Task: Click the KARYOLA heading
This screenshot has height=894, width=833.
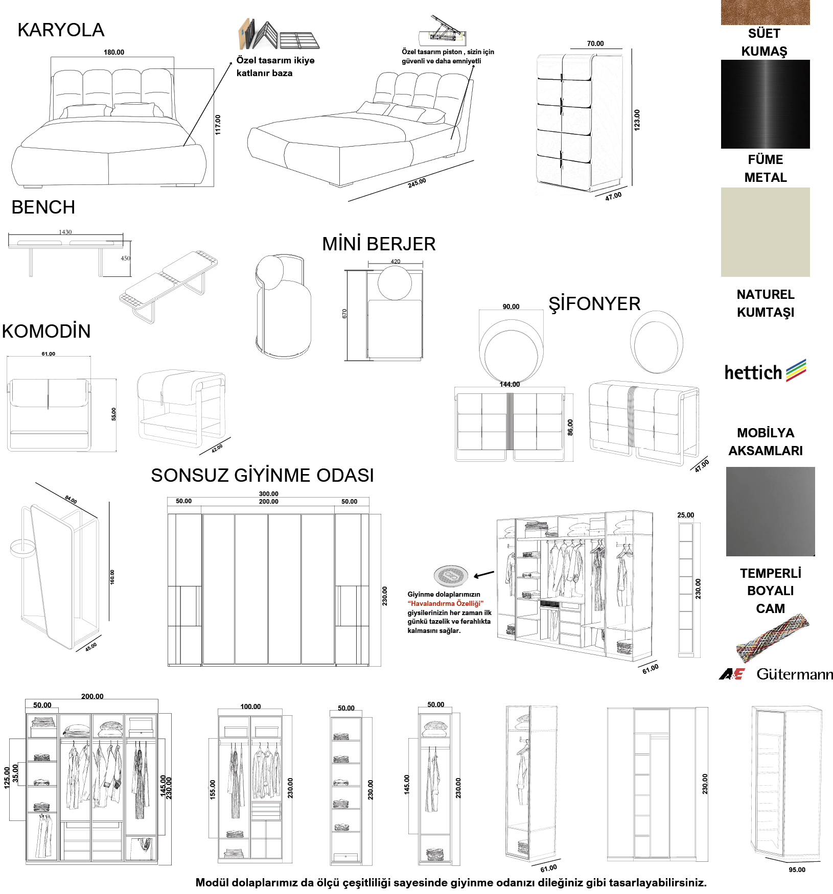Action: [61, 30]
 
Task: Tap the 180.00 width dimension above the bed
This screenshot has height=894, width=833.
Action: [114, 52]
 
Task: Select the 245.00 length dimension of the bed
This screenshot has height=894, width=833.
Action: [417, 183]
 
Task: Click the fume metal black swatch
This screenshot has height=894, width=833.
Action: [765, 104]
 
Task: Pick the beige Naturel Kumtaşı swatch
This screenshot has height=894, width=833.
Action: [765, 232]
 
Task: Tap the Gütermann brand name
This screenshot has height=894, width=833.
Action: [795, 674]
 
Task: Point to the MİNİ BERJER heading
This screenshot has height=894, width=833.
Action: [379, 244]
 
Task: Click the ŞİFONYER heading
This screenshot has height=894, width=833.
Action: [594, 304]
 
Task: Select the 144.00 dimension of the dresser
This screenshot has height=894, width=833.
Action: [510, 384]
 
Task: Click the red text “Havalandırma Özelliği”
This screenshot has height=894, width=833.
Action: [446, 603]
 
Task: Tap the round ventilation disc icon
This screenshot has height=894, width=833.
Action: [451, 576]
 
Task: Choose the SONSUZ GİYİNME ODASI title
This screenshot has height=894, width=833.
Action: [262, 475]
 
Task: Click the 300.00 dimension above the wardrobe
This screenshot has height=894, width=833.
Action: [268, 493]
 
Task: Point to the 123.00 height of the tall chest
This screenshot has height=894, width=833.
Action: [637, 120]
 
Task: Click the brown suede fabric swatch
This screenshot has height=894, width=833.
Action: [765, 12]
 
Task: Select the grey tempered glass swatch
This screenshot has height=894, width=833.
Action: [770, 511]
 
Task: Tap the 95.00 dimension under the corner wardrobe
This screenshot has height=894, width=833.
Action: [797, 870]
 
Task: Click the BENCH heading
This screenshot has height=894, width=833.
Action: [43, 207]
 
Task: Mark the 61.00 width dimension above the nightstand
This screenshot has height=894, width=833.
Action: [49, 354]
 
